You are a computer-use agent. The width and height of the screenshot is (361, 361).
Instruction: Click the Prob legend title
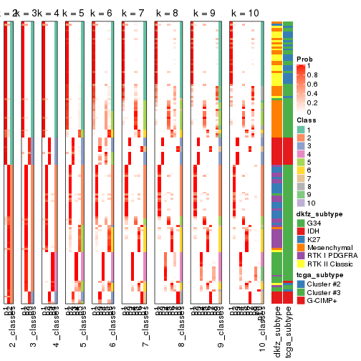(305, 58)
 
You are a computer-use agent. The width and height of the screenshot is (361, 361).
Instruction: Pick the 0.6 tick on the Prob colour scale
(313, 84)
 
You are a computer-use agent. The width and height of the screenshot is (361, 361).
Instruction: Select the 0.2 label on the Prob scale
(313, 102)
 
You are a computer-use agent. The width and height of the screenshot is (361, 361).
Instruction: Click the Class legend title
(307, 120)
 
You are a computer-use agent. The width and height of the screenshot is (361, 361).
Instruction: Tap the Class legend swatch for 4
(301, 155)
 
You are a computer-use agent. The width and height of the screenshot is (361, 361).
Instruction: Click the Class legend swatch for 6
(301, 171)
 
